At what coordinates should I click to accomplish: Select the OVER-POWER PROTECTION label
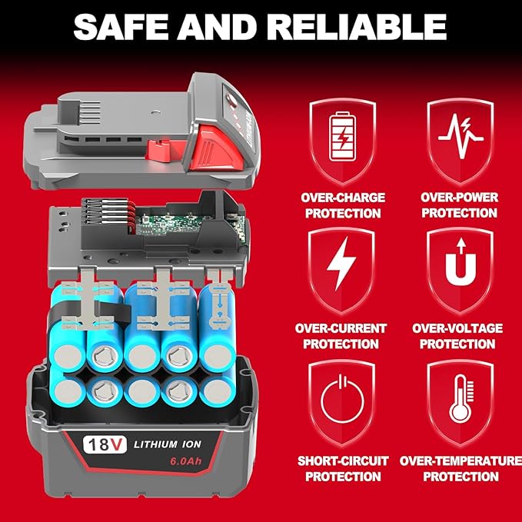click(460, 204)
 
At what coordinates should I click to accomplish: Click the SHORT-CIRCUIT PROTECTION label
click(342, 468)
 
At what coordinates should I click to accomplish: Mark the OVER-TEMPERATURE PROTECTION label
click(460, 468)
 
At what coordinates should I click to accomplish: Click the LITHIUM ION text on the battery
click(167, 444)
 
